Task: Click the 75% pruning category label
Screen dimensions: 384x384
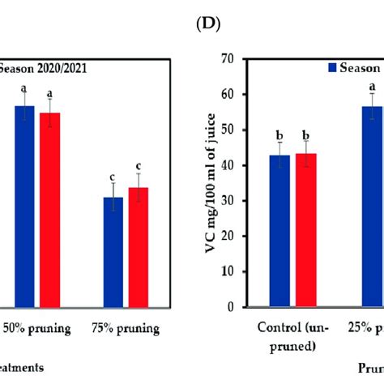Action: [x=126, y=329]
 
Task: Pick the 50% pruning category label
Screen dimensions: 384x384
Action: [x=38, y=329]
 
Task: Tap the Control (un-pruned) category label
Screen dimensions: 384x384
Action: [x=292, y=336]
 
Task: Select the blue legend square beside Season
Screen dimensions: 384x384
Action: [x=333, y=68]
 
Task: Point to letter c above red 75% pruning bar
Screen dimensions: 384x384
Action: [x=139, y=166]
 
